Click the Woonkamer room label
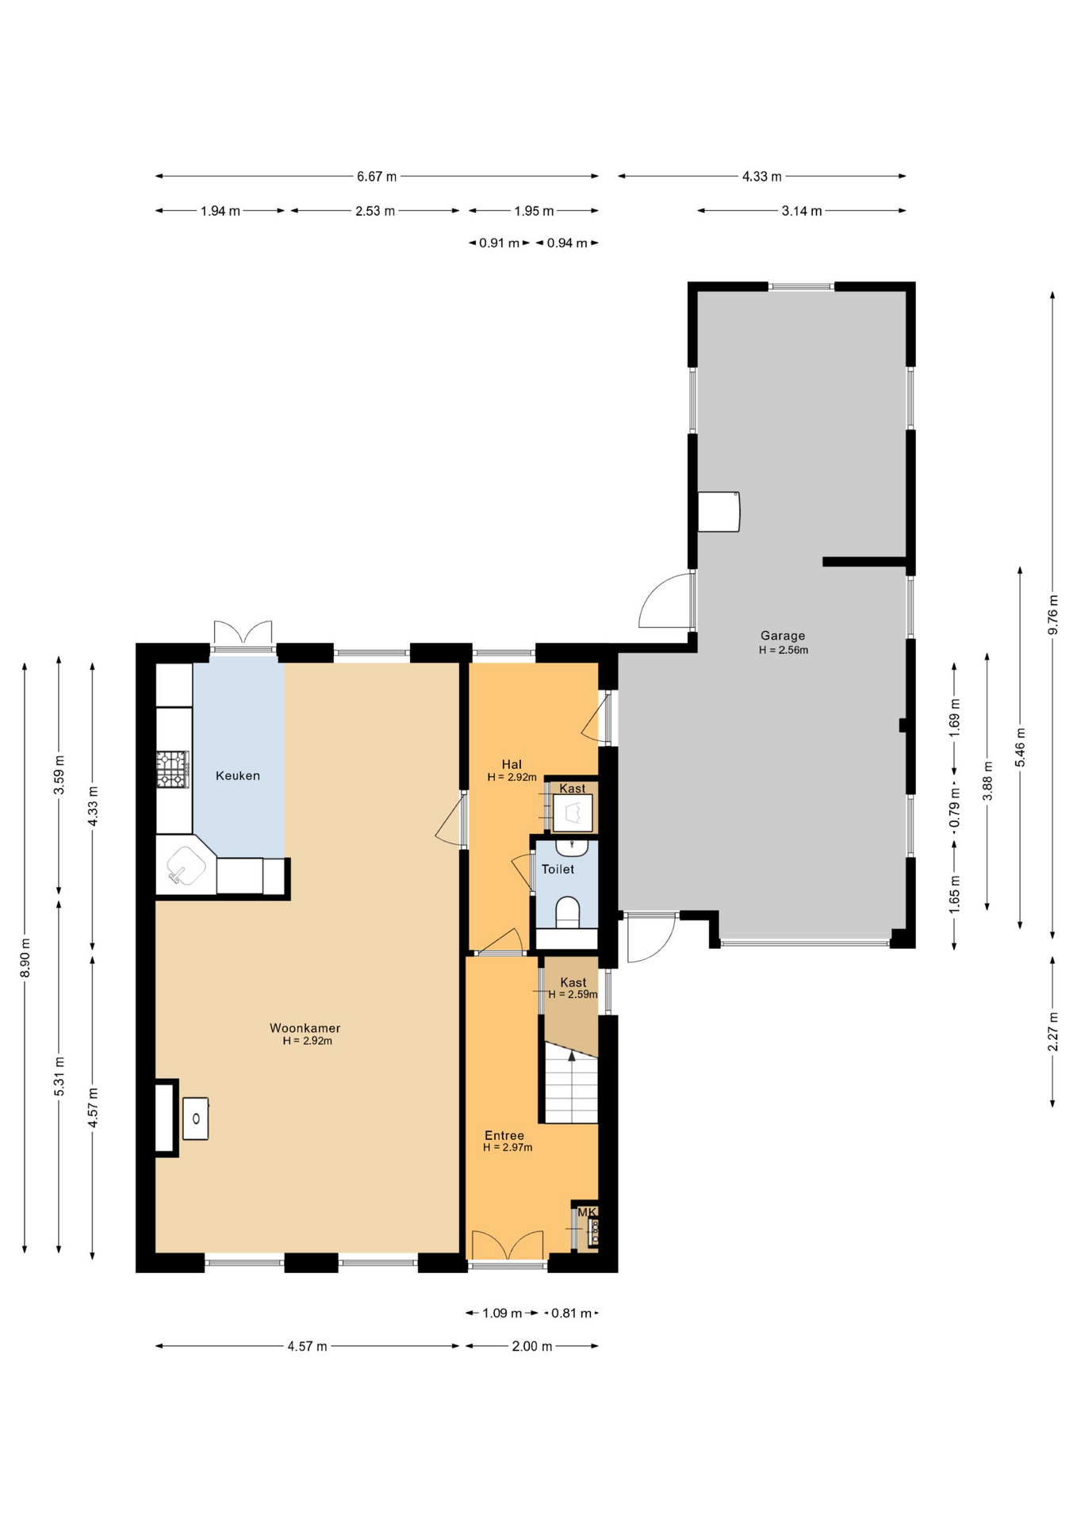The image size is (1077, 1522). (305, 1028)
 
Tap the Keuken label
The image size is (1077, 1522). (238, 775)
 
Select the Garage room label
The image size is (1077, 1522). (783, 635)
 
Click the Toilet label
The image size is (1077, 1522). (558, 869)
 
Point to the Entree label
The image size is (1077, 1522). (504, 1135)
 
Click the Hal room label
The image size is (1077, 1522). (512, 765)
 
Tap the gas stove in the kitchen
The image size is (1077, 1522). (173, 770)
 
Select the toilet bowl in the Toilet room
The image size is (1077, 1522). (568, 912)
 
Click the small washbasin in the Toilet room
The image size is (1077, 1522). (571, 847)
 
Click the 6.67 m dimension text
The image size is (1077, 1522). (377, 177)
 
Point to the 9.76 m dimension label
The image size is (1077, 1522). (1053, 614)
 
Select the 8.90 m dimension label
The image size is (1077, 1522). (25, 958)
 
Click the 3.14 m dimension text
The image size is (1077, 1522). (802, 211)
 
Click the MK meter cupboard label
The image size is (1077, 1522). (587, 1212)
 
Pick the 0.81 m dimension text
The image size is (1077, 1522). (572, 1313)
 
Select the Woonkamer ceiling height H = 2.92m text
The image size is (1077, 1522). (307, 1041)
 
